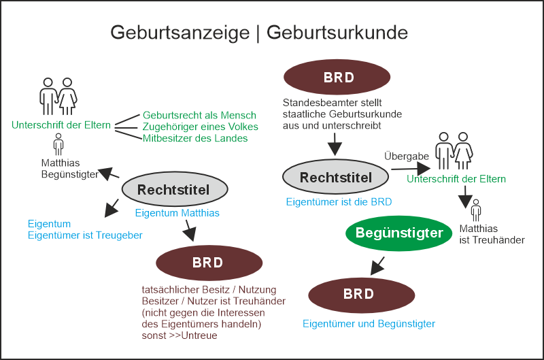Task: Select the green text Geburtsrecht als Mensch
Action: [x=199, y=115]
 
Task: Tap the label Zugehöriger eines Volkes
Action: [x=200, y=127]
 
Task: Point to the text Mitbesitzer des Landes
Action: [x=195, y=138]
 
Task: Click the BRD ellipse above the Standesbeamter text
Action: [x=338, y=77]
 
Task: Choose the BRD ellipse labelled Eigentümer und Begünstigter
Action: [x=361, y=294]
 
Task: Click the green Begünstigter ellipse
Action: [x=399, y=233]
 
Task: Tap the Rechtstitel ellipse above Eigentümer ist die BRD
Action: [x=335, y=178]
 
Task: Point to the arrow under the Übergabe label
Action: [x=411, y=168]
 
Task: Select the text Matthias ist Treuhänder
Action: [x=491, y=234]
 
